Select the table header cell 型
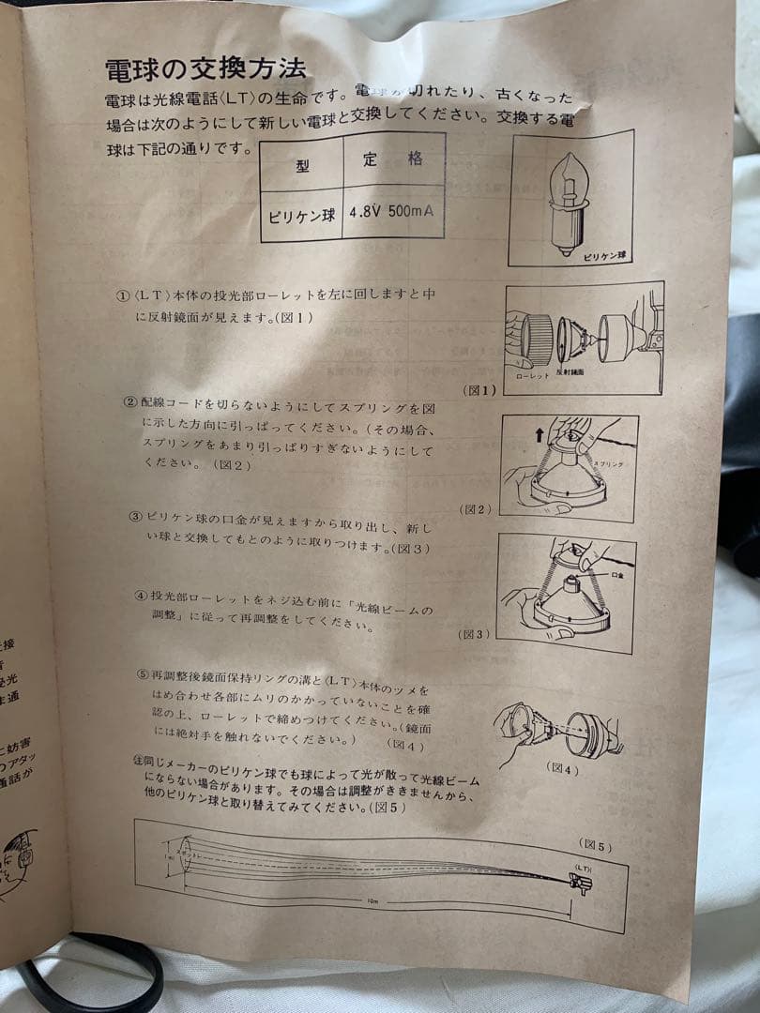(x=302, y=167)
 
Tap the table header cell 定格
(x=392, y=159)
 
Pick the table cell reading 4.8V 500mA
(x=391, y=211)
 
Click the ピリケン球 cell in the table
(x=301, y=215)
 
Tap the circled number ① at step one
(x=122, y=296)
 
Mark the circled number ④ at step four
(x=141, y=595)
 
